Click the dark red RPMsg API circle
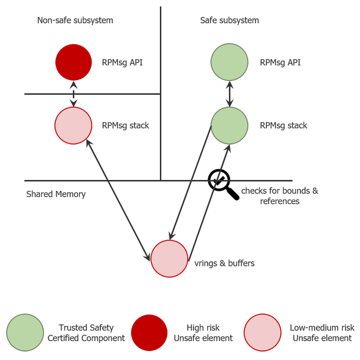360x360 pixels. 73,62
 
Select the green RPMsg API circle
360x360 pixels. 229,62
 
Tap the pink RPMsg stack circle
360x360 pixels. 73,125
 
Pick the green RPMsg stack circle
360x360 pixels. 229,125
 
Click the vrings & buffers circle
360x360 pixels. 169,258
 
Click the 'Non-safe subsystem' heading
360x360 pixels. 75,21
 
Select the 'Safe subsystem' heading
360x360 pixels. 229,21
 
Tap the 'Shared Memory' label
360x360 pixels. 56,194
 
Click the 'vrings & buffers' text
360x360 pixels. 224,263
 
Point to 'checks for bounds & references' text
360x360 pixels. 280,196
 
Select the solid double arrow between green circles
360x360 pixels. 229,94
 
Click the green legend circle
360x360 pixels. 25,332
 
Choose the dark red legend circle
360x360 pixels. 149,332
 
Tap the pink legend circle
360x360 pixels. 262,332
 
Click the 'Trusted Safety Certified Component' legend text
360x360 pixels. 86,333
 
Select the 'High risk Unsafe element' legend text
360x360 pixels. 203,333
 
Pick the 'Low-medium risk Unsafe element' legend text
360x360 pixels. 322,333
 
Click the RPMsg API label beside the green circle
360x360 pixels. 280,62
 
